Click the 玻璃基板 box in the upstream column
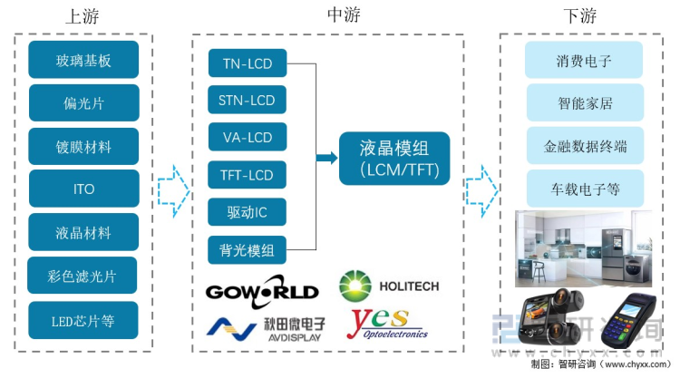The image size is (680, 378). coord(83,60)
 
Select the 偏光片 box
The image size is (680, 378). coord(83,103)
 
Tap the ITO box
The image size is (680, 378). coord(83,189)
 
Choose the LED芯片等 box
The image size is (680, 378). coord(83,319)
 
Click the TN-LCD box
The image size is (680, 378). coord(248,63)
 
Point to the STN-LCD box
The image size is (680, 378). coord(248,101)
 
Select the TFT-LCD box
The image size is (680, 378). coord(248,175)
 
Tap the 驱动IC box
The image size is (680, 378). coord(248,212)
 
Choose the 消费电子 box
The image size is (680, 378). coord(584,61)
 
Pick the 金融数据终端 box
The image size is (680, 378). coord(584,146)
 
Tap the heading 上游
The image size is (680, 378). coord(84,16)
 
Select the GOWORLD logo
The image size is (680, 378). coord(262,291)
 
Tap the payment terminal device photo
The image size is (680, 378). coord(626,323)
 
